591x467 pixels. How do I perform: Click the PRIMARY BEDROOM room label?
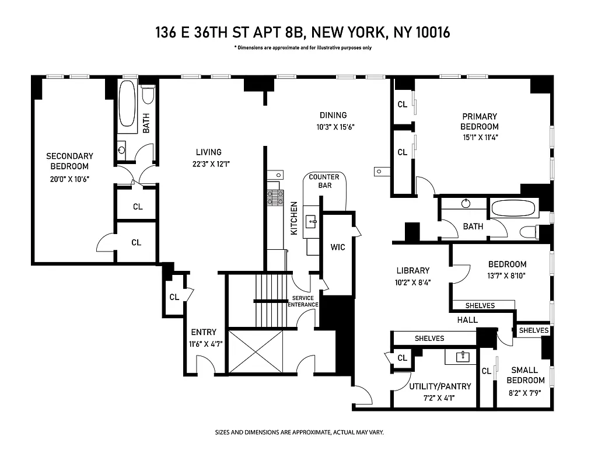[479, 121]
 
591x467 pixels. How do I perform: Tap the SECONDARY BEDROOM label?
[69, 161]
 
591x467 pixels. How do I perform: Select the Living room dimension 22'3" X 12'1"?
[208, 164]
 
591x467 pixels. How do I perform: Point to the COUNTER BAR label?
[324, 181]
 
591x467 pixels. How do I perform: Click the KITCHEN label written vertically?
[294, 218]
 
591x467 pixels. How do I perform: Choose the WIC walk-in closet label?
[338, 247]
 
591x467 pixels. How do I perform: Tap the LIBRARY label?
[412, 270]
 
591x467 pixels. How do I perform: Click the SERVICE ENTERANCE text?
[305, 301]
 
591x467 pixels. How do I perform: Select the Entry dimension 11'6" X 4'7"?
[202, 344]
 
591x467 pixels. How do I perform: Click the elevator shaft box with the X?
[256, 351]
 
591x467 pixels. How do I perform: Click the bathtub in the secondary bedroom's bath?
[127, 104]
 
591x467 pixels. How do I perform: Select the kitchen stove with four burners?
[275, 198]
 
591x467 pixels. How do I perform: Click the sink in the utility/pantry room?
[461, 357]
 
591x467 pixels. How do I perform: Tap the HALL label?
[467, 320]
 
